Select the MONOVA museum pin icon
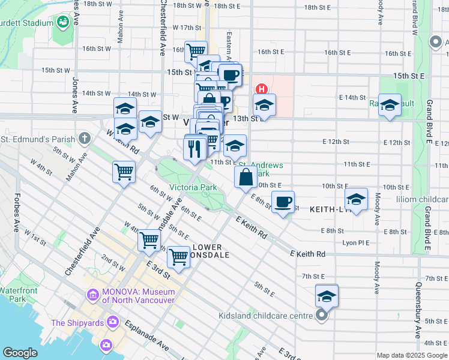pyautogui.click(x=92, y=295)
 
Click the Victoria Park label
pyautogui.click(x=193, y=187)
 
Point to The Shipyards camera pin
pyautogui.click(x=112, y=323)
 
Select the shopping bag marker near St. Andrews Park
pyautogui.click(x=246, y=178)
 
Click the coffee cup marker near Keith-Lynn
pyautogui.click(x=283, y=202)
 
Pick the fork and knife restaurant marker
pyautogui.click(x=193, y=148)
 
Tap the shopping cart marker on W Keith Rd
pyautogui.click(x=124, y=172)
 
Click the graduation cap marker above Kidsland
pyautogui.click(x=327, y=296)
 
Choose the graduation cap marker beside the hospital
pyautogui.click(x=264, y=106)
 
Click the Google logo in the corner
pyautogui.click(x=20, y=353)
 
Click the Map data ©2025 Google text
pyautogui.click(x=412, y=355)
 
